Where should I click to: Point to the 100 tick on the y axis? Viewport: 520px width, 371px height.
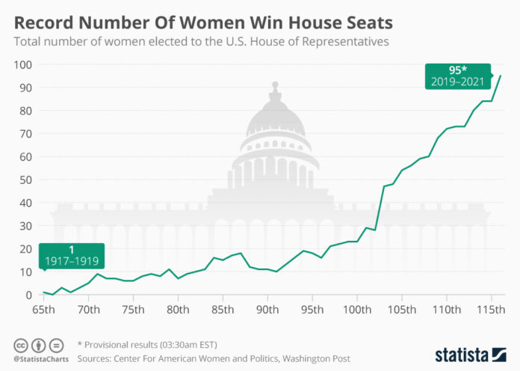[x=23, y=64]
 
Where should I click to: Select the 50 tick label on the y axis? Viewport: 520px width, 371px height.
[x=26, y=180]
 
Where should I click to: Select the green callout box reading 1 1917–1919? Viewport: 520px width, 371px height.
[x=72, y=257]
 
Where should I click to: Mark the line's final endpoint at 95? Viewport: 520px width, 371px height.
[x=501, y=76]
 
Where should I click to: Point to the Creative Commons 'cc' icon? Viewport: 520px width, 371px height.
[x=21, y=345]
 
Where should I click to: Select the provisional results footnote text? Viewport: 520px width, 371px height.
[x=146, y=345]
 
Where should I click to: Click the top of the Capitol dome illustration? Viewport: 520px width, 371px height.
[x=275, y=85]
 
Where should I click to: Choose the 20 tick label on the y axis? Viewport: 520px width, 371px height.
[x=26, y=248]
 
